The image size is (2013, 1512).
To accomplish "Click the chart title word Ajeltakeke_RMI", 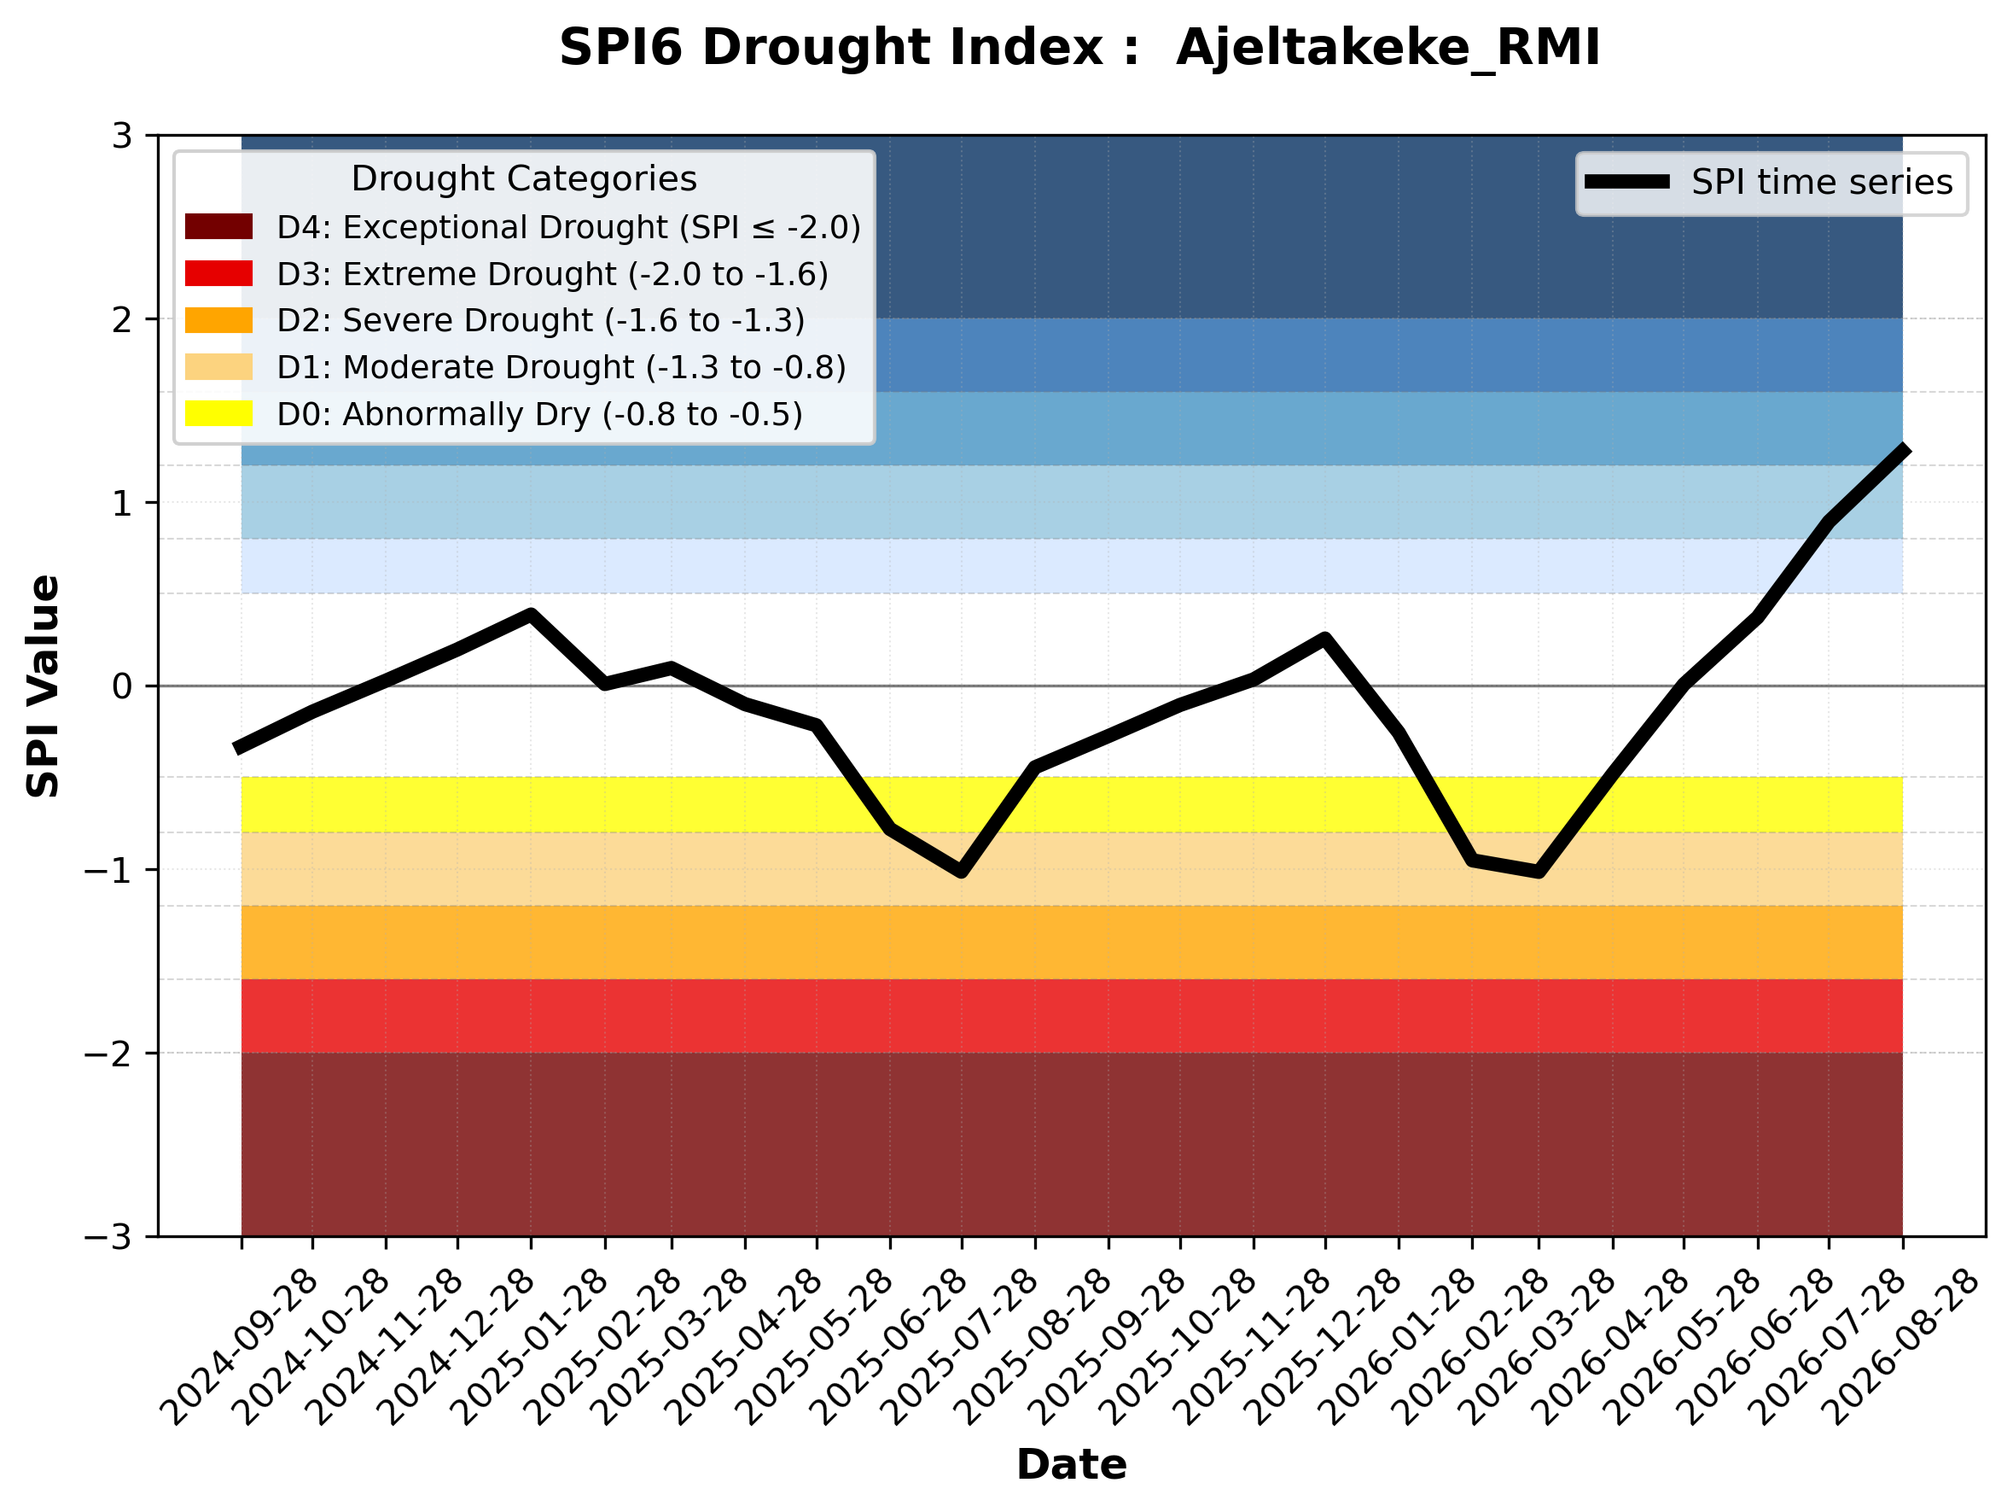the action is pos(1388,49).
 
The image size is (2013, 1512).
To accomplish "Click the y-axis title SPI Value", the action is pos(43,686).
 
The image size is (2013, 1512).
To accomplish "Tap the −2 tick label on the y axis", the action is pos(108,1054).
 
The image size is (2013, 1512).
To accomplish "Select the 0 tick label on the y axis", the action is pos(122,686).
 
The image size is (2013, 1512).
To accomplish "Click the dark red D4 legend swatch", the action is pos(218,226).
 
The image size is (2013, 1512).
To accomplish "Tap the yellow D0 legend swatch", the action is pos(218,413).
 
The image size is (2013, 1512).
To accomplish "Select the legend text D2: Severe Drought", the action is pos(435,320).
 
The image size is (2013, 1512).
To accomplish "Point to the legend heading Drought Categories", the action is pos(524,178).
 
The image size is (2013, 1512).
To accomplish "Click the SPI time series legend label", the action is pos(1822,182).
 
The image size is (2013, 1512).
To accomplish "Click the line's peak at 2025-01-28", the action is pos(531,615).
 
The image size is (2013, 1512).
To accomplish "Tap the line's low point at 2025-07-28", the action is pos(961,872).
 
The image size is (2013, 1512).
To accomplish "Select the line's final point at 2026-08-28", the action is pos(1902,448).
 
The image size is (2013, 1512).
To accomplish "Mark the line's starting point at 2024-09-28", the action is pos(238,748).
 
